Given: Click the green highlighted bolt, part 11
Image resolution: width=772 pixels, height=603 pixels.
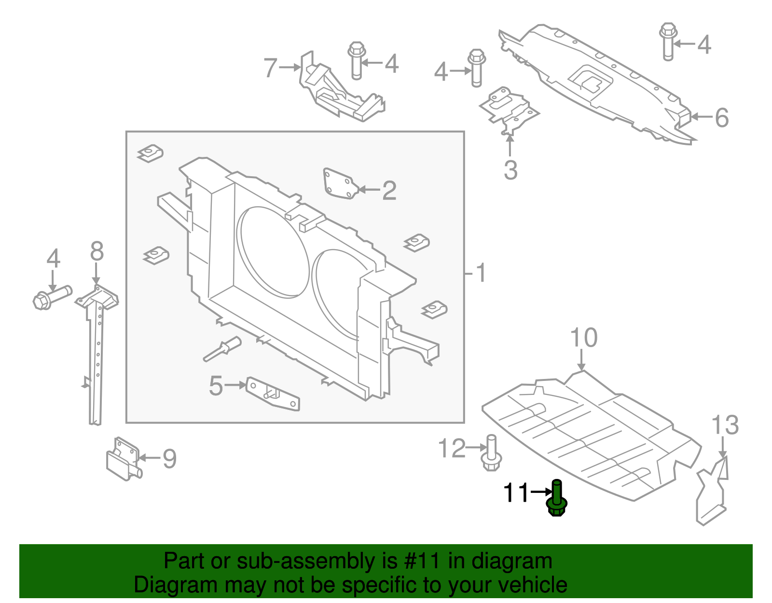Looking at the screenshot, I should [556, 500].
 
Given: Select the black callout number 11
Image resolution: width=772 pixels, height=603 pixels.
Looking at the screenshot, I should [516, 493].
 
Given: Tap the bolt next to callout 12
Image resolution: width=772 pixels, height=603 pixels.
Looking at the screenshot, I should [491, 454].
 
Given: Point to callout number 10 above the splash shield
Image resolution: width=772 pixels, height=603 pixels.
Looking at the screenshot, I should [583, 337].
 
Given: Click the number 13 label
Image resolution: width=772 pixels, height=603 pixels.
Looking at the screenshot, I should [725, 425].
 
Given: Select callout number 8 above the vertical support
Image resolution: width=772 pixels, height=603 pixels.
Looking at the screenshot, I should [96, 252].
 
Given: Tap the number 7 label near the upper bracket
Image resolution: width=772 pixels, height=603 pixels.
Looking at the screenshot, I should [271, 68].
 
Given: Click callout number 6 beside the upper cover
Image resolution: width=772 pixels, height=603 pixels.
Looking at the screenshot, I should [721, 117].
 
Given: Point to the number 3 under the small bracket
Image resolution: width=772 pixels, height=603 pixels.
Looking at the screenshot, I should [510, 170].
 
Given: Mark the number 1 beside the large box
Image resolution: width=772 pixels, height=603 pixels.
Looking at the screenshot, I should [481, 273].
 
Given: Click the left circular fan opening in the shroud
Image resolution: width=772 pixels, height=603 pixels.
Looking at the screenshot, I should [273, 251].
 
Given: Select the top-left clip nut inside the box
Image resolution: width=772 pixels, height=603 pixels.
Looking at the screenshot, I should [151, 154].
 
